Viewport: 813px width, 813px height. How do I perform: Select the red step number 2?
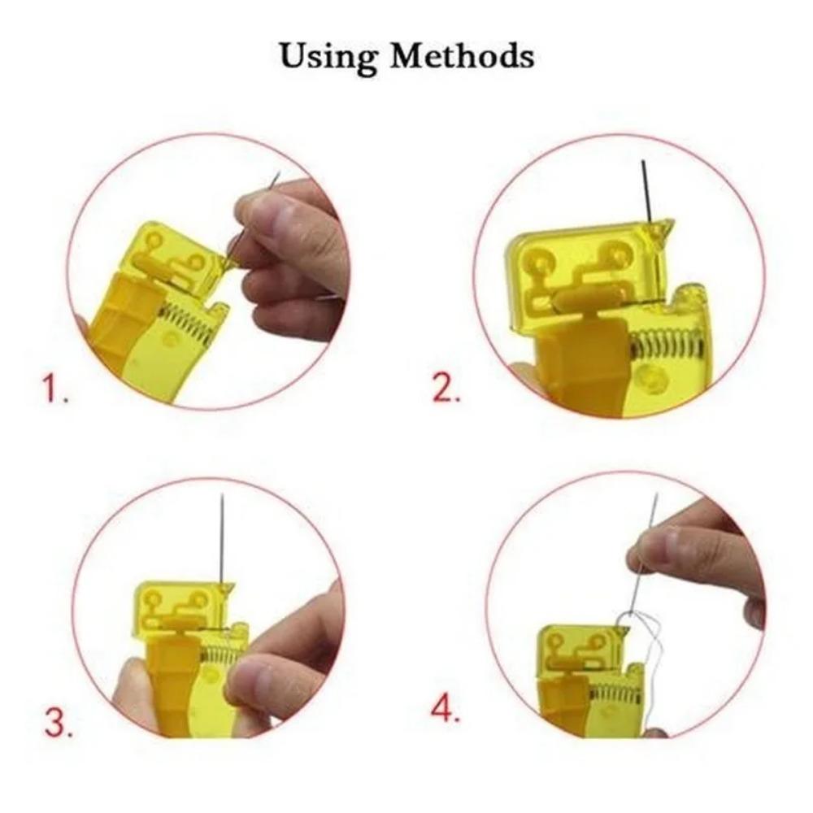(446, 389)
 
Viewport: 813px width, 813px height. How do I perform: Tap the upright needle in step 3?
(221, 537)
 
